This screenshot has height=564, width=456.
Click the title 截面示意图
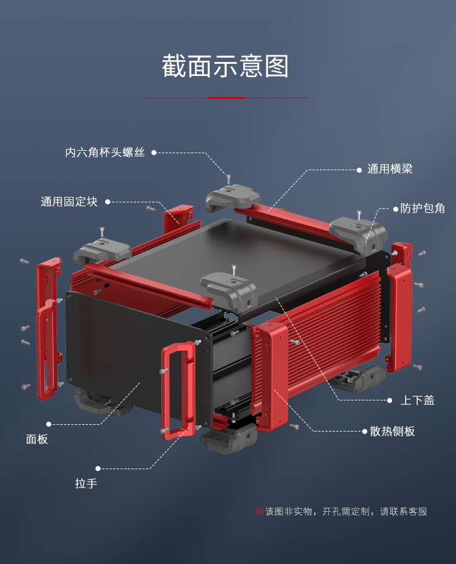click(225, 66)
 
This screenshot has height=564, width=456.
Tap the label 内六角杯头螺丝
click(105, 153)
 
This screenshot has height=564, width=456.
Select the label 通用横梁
click(390, 170)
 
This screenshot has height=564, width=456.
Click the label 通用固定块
click(69, 202)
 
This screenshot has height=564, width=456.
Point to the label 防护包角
click(423, 208)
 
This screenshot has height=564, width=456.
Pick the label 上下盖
click(417, 401)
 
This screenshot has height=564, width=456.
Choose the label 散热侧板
click(392, 432)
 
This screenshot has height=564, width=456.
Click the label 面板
click(36, 439)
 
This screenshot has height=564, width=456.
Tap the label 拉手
click(86, 484)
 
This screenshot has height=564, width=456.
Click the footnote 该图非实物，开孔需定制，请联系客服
click(346, 512)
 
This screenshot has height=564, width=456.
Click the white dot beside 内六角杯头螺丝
click(154, 153)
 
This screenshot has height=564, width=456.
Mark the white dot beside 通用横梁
click(359, 170)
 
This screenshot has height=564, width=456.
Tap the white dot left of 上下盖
click(390, 401)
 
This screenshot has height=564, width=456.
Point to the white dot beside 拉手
click(98, 469)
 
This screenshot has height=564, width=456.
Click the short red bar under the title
click(226, 98)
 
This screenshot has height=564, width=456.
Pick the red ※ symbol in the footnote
click(259, 512)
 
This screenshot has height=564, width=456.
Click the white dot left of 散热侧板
click(364, 432)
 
